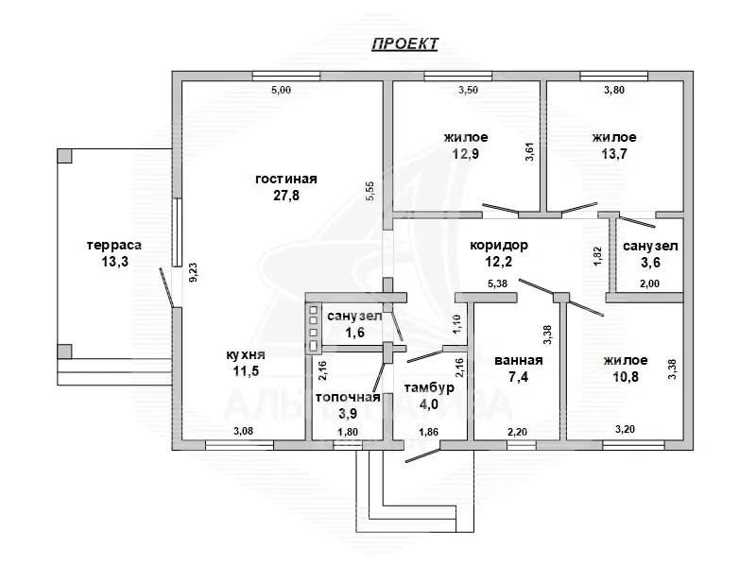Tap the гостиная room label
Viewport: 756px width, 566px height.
pyautogui.click(x=284, y=179)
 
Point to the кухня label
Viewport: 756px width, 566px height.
pyautogui.click(x=245, y=355)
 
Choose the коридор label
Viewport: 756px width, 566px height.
pyautogui.click(x=499, y=246)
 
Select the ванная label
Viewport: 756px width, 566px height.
pyautogui.click(x=518, y=360)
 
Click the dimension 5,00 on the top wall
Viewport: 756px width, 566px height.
pyautogui.click(x=281, y=91)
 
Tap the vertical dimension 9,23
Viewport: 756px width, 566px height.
pyautogui.click(x=192, y=274)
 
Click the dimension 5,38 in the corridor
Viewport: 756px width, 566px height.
pyautogui.click(x=500, y=283)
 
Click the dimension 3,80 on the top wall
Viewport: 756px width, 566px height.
pyautogui.click(x=614, y=91)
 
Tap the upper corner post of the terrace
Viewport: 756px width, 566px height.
pyautogui.click(x=64, y=155)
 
